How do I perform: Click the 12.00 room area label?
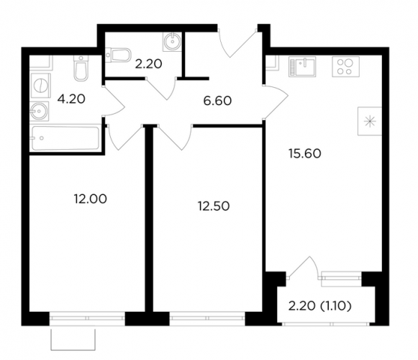tap(91, 199)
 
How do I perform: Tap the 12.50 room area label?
tap(214, 207)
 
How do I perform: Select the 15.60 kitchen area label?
tap(305, 153)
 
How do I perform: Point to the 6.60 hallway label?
tap(217, 101)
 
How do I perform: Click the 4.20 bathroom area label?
tap(71, 99)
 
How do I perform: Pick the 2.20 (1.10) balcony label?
tap(320, 307)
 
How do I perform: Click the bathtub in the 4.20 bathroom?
tap(65, 138)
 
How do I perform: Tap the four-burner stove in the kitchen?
tap(345, 67)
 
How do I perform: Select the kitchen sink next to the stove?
tap(302, 67)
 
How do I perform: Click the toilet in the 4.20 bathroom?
tap(81, 68)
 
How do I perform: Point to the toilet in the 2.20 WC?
tap(118, 55)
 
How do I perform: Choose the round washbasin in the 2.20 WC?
tap(172, 42)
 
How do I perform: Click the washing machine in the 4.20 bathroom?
tap(40, 86)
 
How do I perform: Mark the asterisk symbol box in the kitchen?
tap(370, 121)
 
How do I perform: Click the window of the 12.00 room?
tap(87, 318)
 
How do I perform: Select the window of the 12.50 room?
tap(207, 318)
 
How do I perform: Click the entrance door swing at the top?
tap(237, 43)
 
